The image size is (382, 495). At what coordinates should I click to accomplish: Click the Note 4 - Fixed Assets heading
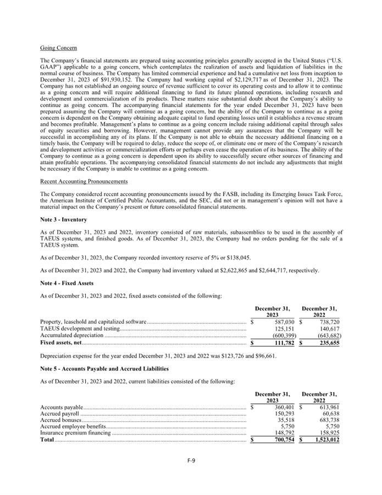tap(67, 283)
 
